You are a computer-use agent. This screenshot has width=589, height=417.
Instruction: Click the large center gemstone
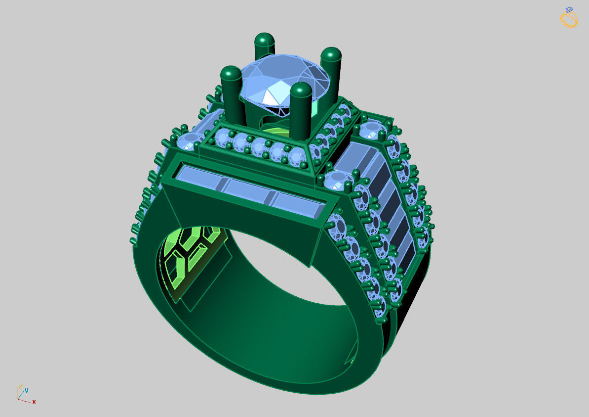[x=284, y=79]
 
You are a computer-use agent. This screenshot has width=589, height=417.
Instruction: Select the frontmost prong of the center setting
[x=301, y=106]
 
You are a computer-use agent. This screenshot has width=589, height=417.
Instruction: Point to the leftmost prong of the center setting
[x=231, y=92]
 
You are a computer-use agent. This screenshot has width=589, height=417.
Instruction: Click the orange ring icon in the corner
[x=569, y=17]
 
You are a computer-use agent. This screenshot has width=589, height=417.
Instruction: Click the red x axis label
[x=34, y=402]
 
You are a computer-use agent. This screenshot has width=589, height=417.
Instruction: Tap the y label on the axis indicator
[x=27, y=390]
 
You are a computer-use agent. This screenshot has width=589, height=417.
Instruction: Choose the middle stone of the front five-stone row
[x=259, y=147]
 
